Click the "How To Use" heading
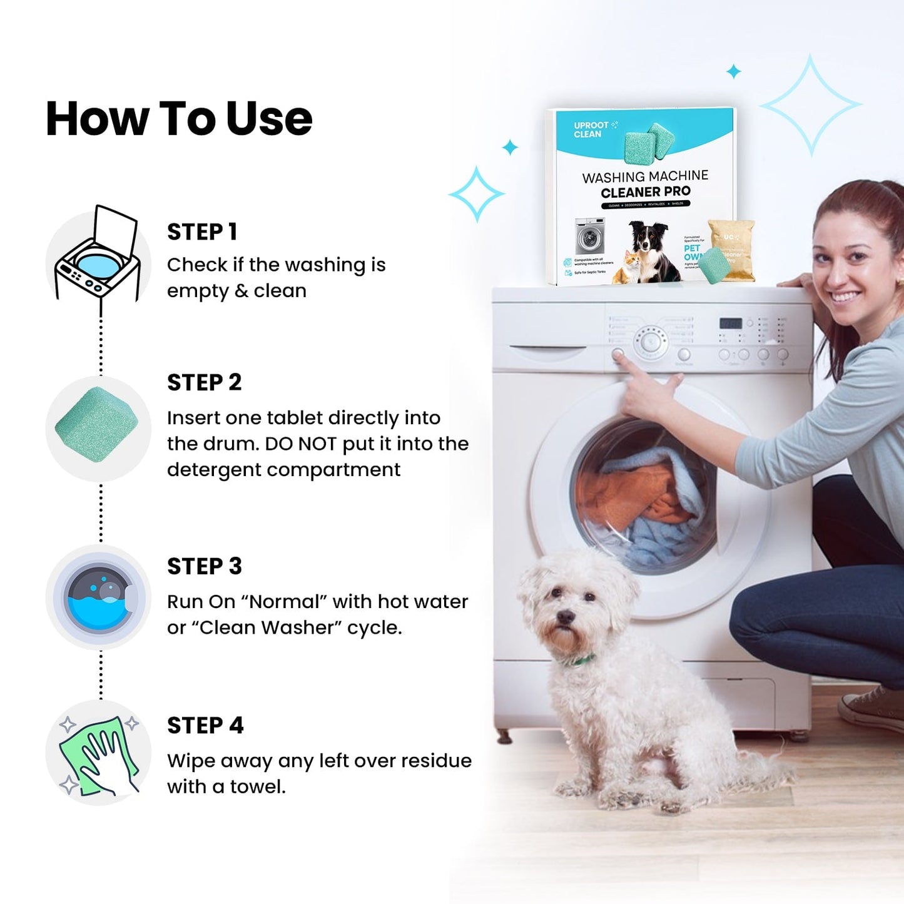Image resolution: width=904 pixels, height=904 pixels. point(179,118)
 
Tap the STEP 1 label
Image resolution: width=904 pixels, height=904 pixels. point(202,232)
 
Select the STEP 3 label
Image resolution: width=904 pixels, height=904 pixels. point(205,566)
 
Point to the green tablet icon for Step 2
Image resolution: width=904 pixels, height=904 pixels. point(97,424)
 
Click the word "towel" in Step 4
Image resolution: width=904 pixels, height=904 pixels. point(257,786)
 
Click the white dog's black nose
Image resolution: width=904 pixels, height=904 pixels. point(566,617)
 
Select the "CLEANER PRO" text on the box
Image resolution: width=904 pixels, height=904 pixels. point(646,192)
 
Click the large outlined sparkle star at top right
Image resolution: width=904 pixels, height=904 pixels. point(811,104)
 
